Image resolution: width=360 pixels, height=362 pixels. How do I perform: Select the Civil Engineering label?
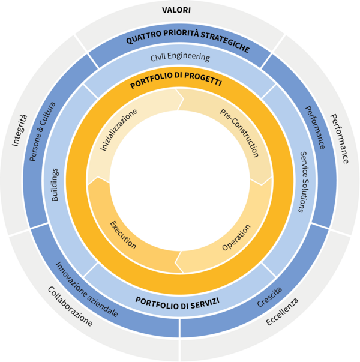click(180, 58)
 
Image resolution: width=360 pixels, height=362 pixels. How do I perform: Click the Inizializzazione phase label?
click(119, 130)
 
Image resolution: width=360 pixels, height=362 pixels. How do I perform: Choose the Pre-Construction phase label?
click(239, 133)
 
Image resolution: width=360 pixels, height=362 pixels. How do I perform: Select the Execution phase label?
click(123, 235)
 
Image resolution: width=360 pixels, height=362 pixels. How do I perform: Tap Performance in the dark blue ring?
click(316, 128)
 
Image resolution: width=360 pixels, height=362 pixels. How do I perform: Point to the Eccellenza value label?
click(283, 312)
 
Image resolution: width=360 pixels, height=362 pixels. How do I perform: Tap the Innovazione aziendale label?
click(87, 289)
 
